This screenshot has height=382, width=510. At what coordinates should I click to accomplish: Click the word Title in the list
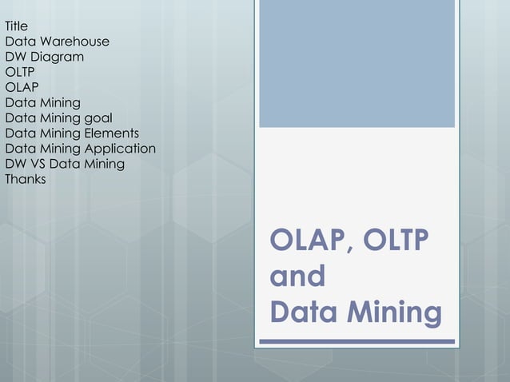(17, 26)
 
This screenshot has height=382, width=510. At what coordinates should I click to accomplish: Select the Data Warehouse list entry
(57, 42)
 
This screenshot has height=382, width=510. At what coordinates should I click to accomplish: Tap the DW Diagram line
(44, 57)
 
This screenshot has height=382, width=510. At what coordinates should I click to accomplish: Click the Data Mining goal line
(58, 118)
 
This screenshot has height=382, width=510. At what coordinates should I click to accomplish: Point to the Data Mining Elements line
(72, 133)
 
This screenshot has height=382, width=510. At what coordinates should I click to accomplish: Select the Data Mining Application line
(80, 149)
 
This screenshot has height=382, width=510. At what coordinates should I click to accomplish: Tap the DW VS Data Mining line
(65, 164)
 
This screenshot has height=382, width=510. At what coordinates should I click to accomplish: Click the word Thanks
(26, 179)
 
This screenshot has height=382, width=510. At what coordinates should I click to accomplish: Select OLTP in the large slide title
(396, 241)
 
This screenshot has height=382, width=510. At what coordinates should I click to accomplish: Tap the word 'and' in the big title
(297, 277)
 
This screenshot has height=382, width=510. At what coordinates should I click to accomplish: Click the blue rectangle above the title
(357, 64)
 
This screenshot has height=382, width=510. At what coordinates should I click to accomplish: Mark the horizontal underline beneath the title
(357, 342)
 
